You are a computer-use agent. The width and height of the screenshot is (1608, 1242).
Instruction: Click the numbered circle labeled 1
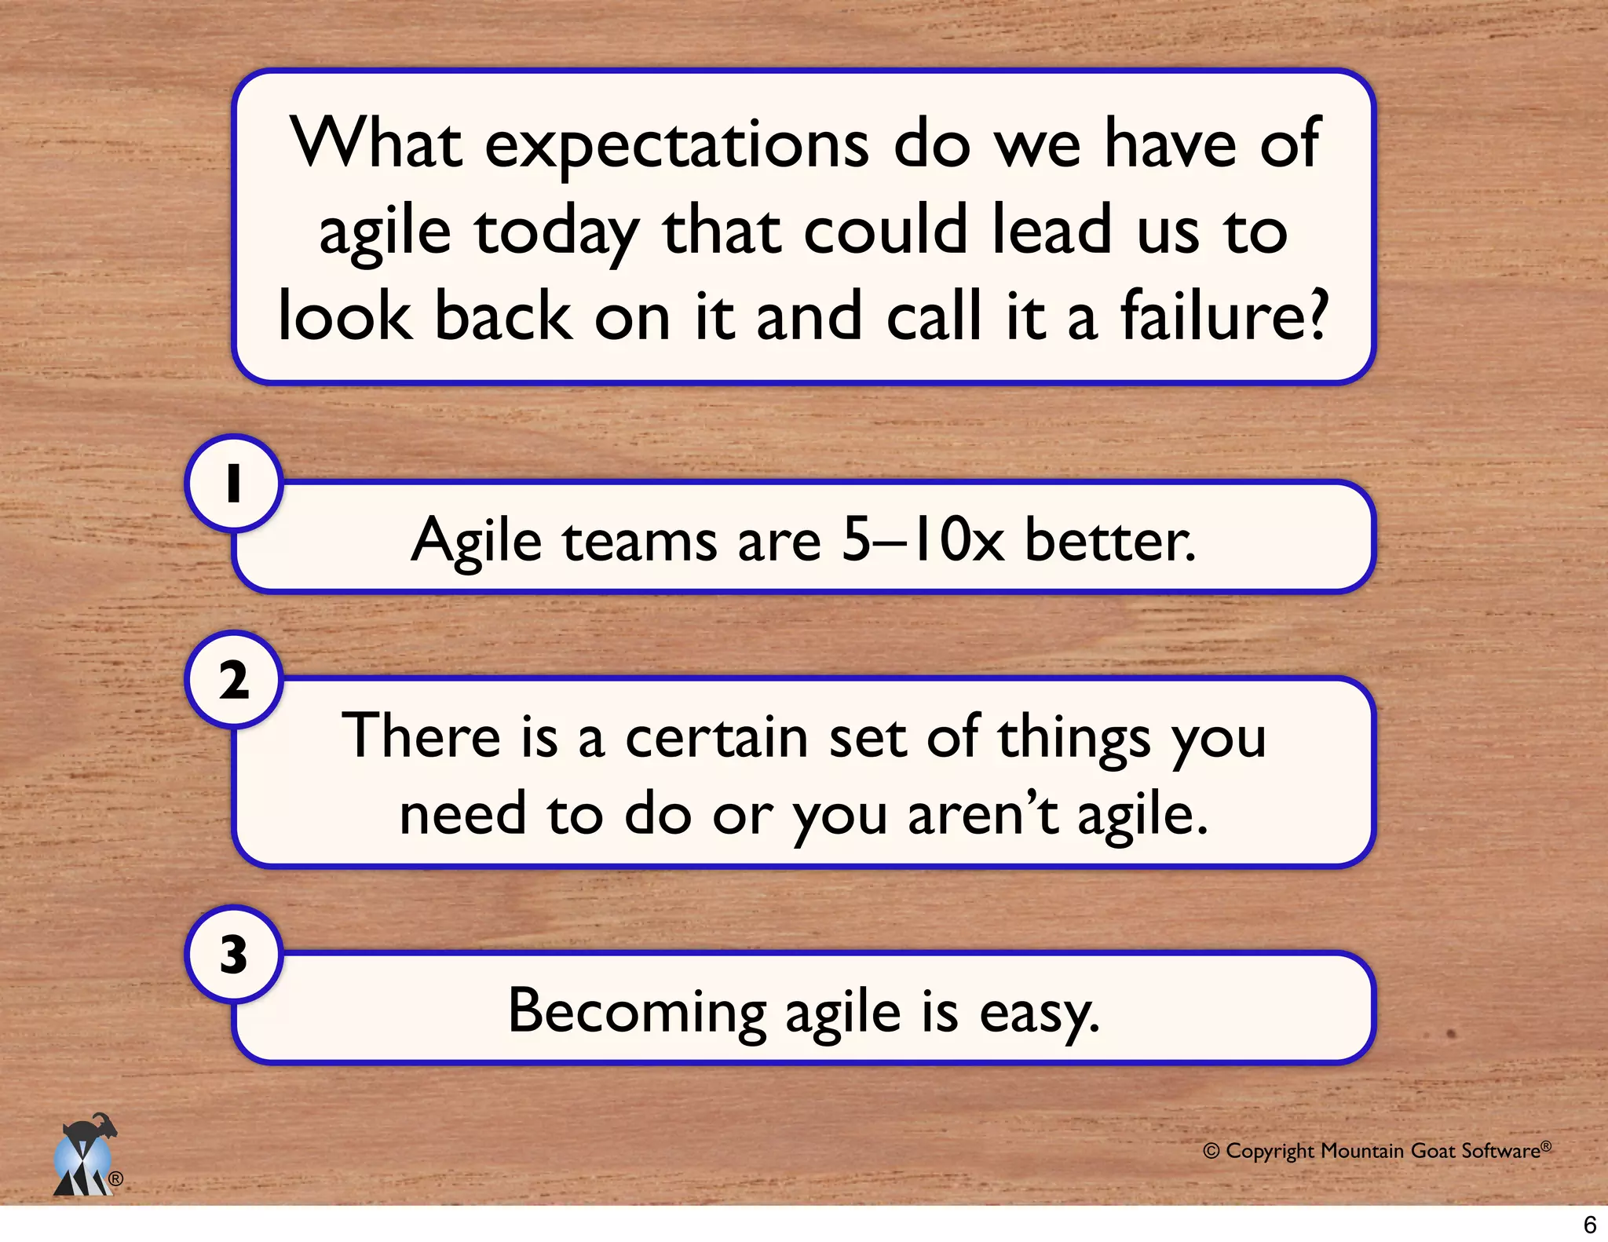pyautogui.click(x=233, y=483)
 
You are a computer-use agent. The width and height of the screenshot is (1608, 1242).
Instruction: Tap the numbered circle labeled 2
pyautogui.click(x=233, y=680)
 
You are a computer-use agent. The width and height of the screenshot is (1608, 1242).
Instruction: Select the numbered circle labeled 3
pyautogui.click(x=233, y=955)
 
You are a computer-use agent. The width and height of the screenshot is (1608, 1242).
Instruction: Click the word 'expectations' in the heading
pyautogui.click(x=677, y=145)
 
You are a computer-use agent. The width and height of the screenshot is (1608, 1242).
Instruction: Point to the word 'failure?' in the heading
pyautogui.click(x=1223, y=316)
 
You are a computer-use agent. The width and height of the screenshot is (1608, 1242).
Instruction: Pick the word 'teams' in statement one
pyautogui.click(x=639, y=541)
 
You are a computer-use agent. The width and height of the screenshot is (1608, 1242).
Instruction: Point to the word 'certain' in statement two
pyautogui.click(x=716, y=737)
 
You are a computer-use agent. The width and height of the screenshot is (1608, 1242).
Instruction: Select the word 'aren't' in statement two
pyautogui.click(x=983, y=814)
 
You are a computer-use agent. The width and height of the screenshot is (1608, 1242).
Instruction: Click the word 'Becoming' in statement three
pyautogui.click(x=636, y=1012)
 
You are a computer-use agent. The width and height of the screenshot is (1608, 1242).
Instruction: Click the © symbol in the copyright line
pyautogui.click(x=1211, y=1151)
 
